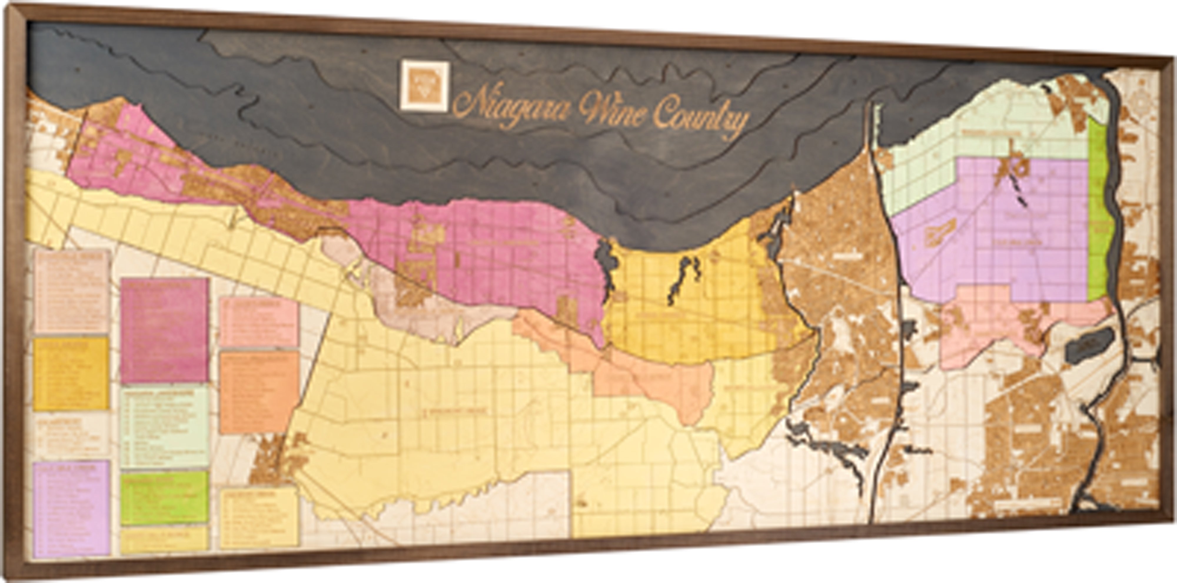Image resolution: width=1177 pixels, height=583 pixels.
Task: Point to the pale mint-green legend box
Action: click(164, 428)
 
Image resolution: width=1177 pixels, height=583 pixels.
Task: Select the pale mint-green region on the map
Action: click(960, 137)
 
